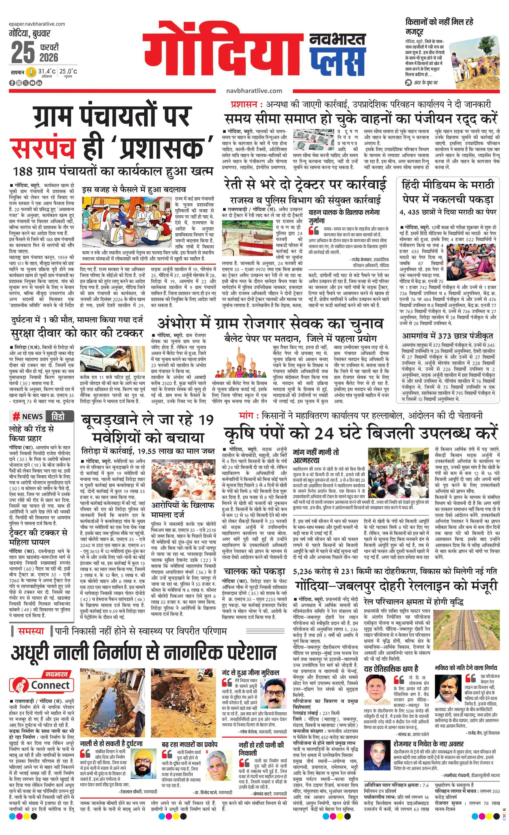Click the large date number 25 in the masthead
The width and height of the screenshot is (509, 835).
(x=23, y=53)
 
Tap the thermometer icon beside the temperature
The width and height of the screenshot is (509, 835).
(x=31, y=72)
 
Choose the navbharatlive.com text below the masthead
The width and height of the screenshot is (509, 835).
(x=254, y=91)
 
